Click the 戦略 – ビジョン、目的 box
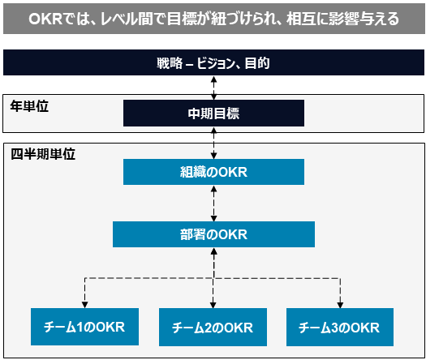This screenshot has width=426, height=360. pyautogui.click(x=213, y=62)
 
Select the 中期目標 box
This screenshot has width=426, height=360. pyautogui.click(x=213, y=114)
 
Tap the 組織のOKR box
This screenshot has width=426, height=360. pyautogui.click(x=213, y=172)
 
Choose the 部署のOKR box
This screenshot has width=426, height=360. pyautogui.click(x=213, y=234)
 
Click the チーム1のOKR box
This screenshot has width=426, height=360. pyautogui.click(x=84, y=327)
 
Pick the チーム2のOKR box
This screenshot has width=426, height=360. pyautogui.click(x=213, y=327)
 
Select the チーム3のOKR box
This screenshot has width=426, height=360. pyautogui.click(x=340, y=327)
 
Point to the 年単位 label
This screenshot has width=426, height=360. pyautogui.click(x=29, y=106)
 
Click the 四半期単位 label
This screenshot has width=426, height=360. pyautogui.click(x=43, y=154)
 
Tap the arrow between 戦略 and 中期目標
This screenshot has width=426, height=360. pyautogui.click(x=214, y=88)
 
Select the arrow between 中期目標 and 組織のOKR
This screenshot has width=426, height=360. pyautogui.click(x=214, y=143)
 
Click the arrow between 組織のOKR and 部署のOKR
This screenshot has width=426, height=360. pyautogui.click(x=214, y=204)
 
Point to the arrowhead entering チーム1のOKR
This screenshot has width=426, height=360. pyautogui.click(x=84, y=305)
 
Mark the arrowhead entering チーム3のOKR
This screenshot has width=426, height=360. pyautogui.click(x=340, y=305)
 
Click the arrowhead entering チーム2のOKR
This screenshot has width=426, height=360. pyautogui.click(x=213, y=305)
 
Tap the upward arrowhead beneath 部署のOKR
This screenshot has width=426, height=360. pyautogui.click(x=214, y=251)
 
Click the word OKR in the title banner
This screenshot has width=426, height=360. pyautogui.click(x=45, y=19)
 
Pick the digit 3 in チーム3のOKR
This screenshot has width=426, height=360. pyautogui.click(x=334, y=328)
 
